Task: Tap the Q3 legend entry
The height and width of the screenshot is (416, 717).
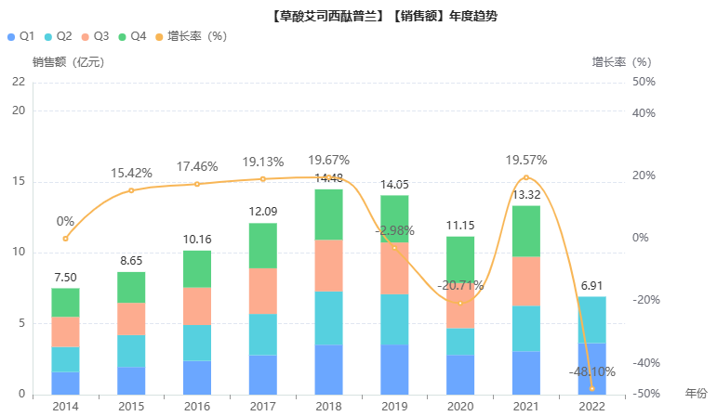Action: click(95, 36)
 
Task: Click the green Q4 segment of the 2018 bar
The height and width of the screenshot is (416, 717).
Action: click(329, 214)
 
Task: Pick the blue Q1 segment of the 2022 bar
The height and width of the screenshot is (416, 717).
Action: click(591, 369)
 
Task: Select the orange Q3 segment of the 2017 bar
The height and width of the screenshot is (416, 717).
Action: click(263, 291)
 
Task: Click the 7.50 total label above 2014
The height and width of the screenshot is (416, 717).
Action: click(65, 278)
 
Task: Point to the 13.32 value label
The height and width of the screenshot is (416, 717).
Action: click(525, 194)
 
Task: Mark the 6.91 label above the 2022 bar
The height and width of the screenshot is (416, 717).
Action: click(591, 286)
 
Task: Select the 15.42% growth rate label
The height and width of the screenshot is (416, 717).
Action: click(131, 173)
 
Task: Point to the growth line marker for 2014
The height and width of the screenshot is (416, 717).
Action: click(65, 239)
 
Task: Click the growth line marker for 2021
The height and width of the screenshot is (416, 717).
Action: click(525, 177)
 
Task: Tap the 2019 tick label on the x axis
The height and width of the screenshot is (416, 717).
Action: click(394, 406)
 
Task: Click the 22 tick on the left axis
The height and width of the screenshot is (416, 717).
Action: click(19, 82)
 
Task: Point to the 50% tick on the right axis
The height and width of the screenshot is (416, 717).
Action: click(643, 82)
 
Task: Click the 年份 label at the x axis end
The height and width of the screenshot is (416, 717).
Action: click(696, 394)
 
